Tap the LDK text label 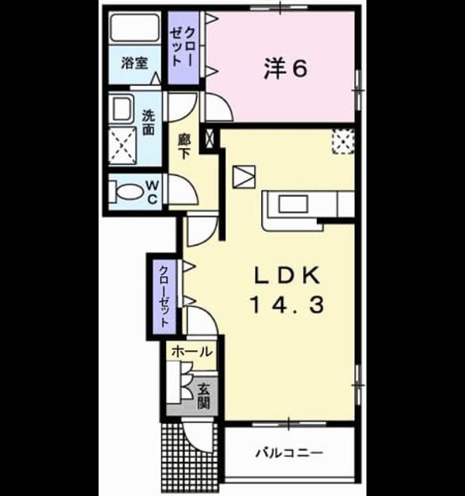(x=288, y=276)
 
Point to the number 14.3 (x=288, y=305)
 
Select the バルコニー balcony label (x=289, y=453)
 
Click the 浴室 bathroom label (x=134, y=63)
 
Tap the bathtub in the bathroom (x=135, y=27)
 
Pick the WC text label (x=152, y=191)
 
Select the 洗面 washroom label (x=148, y=122)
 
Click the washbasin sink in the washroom (x=122, y=109)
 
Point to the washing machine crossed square (x=122, y=146)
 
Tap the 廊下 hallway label (x=184, y=146)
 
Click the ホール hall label (x=191, y=351)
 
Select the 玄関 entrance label (x=204, y=397)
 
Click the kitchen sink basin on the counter (x=293, y=204)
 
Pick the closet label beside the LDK (x=164, y=296)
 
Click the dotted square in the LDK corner (x=343, y=141)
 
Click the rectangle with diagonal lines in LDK (x=244, y=177)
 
